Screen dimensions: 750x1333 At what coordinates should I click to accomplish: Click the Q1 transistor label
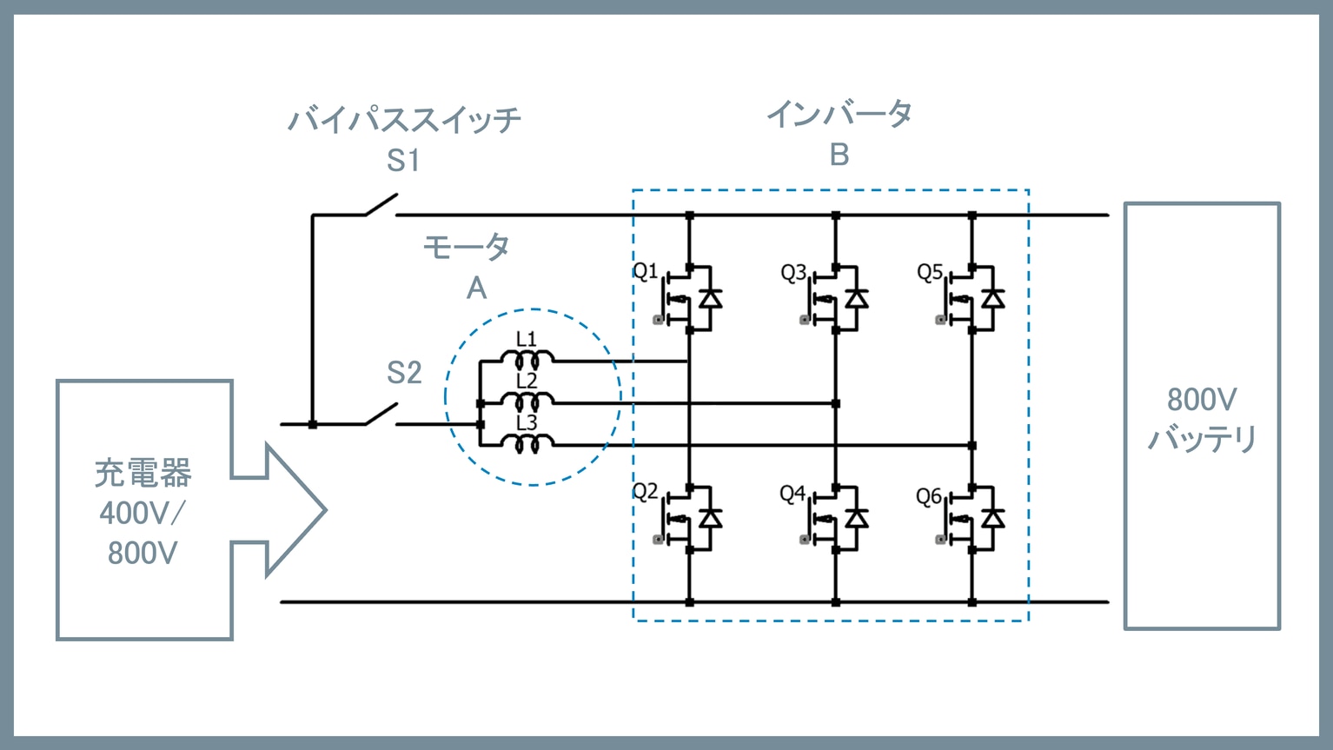645,272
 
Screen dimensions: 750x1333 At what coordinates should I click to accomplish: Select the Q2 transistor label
645,492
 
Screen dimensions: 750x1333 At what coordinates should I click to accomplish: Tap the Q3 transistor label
793,273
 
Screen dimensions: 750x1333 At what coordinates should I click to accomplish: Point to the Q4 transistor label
793,494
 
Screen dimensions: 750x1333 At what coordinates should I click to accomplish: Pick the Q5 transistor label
929,273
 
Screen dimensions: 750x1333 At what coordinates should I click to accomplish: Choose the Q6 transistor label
928,496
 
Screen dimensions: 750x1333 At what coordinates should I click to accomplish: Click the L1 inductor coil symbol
527,358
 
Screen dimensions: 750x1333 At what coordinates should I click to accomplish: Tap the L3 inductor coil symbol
527,443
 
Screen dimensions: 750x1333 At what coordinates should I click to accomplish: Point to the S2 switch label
404,373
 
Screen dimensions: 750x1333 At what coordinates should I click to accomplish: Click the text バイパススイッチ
404,119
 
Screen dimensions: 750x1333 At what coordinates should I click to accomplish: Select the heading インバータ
839,114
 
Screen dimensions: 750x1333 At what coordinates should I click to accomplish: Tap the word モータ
466,248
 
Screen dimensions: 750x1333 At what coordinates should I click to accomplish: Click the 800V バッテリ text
1202,419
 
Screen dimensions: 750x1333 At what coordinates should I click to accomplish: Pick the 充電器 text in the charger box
143,474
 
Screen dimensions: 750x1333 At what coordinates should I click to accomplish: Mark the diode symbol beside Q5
993,299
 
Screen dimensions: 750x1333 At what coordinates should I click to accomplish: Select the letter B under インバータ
839,155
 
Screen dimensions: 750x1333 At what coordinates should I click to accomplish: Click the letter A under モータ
476,289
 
